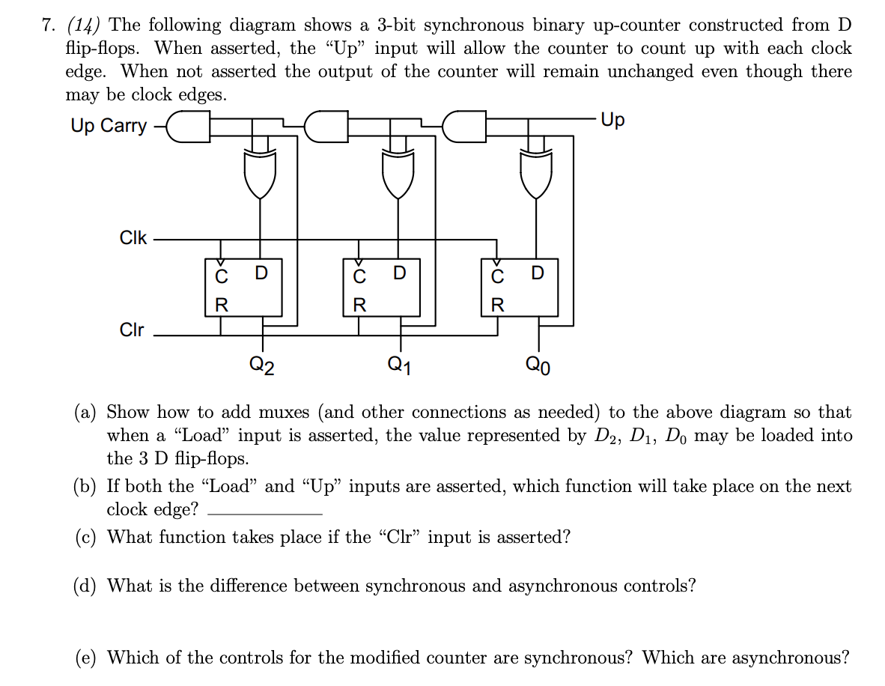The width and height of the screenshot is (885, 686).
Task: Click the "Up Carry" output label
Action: point(109,125)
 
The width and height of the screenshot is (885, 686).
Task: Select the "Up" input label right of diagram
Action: point(612,121)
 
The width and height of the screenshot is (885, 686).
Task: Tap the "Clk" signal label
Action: point(133,238)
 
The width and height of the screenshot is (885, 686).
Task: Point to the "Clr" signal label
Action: point(132,330)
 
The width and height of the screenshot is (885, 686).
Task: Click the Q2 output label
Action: point(261,365)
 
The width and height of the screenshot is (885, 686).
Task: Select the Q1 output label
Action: point(398,365)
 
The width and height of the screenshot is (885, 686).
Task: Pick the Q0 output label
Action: point(538,365)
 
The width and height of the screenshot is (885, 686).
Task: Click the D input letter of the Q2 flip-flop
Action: point(261,273)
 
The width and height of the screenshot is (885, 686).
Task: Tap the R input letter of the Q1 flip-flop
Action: point(359,305)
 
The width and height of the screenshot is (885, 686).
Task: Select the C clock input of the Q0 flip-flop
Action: point(497,276)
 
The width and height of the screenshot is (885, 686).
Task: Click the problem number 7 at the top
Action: point(49,25)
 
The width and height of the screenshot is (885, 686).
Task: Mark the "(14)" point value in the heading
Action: point(86,25)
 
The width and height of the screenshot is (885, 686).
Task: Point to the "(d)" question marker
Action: point(88,586)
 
